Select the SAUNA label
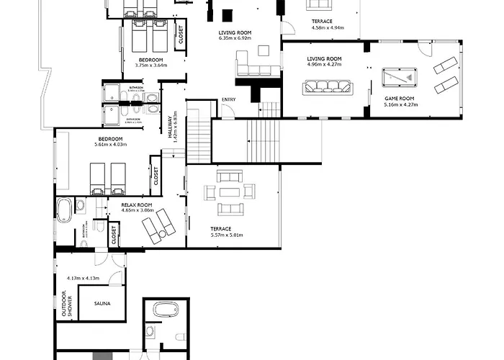coord(102,305)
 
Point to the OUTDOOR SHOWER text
coord(67,303)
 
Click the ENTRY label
coord(229,99)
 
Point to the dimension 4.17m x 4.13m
coord(82,278)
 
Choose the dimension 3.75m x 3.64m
coord(150,66)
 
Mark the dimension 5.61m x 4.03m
coord(110,145)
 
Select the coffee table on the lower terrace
coord(230,192)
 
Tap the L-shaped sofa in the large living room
coord(253,66)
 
